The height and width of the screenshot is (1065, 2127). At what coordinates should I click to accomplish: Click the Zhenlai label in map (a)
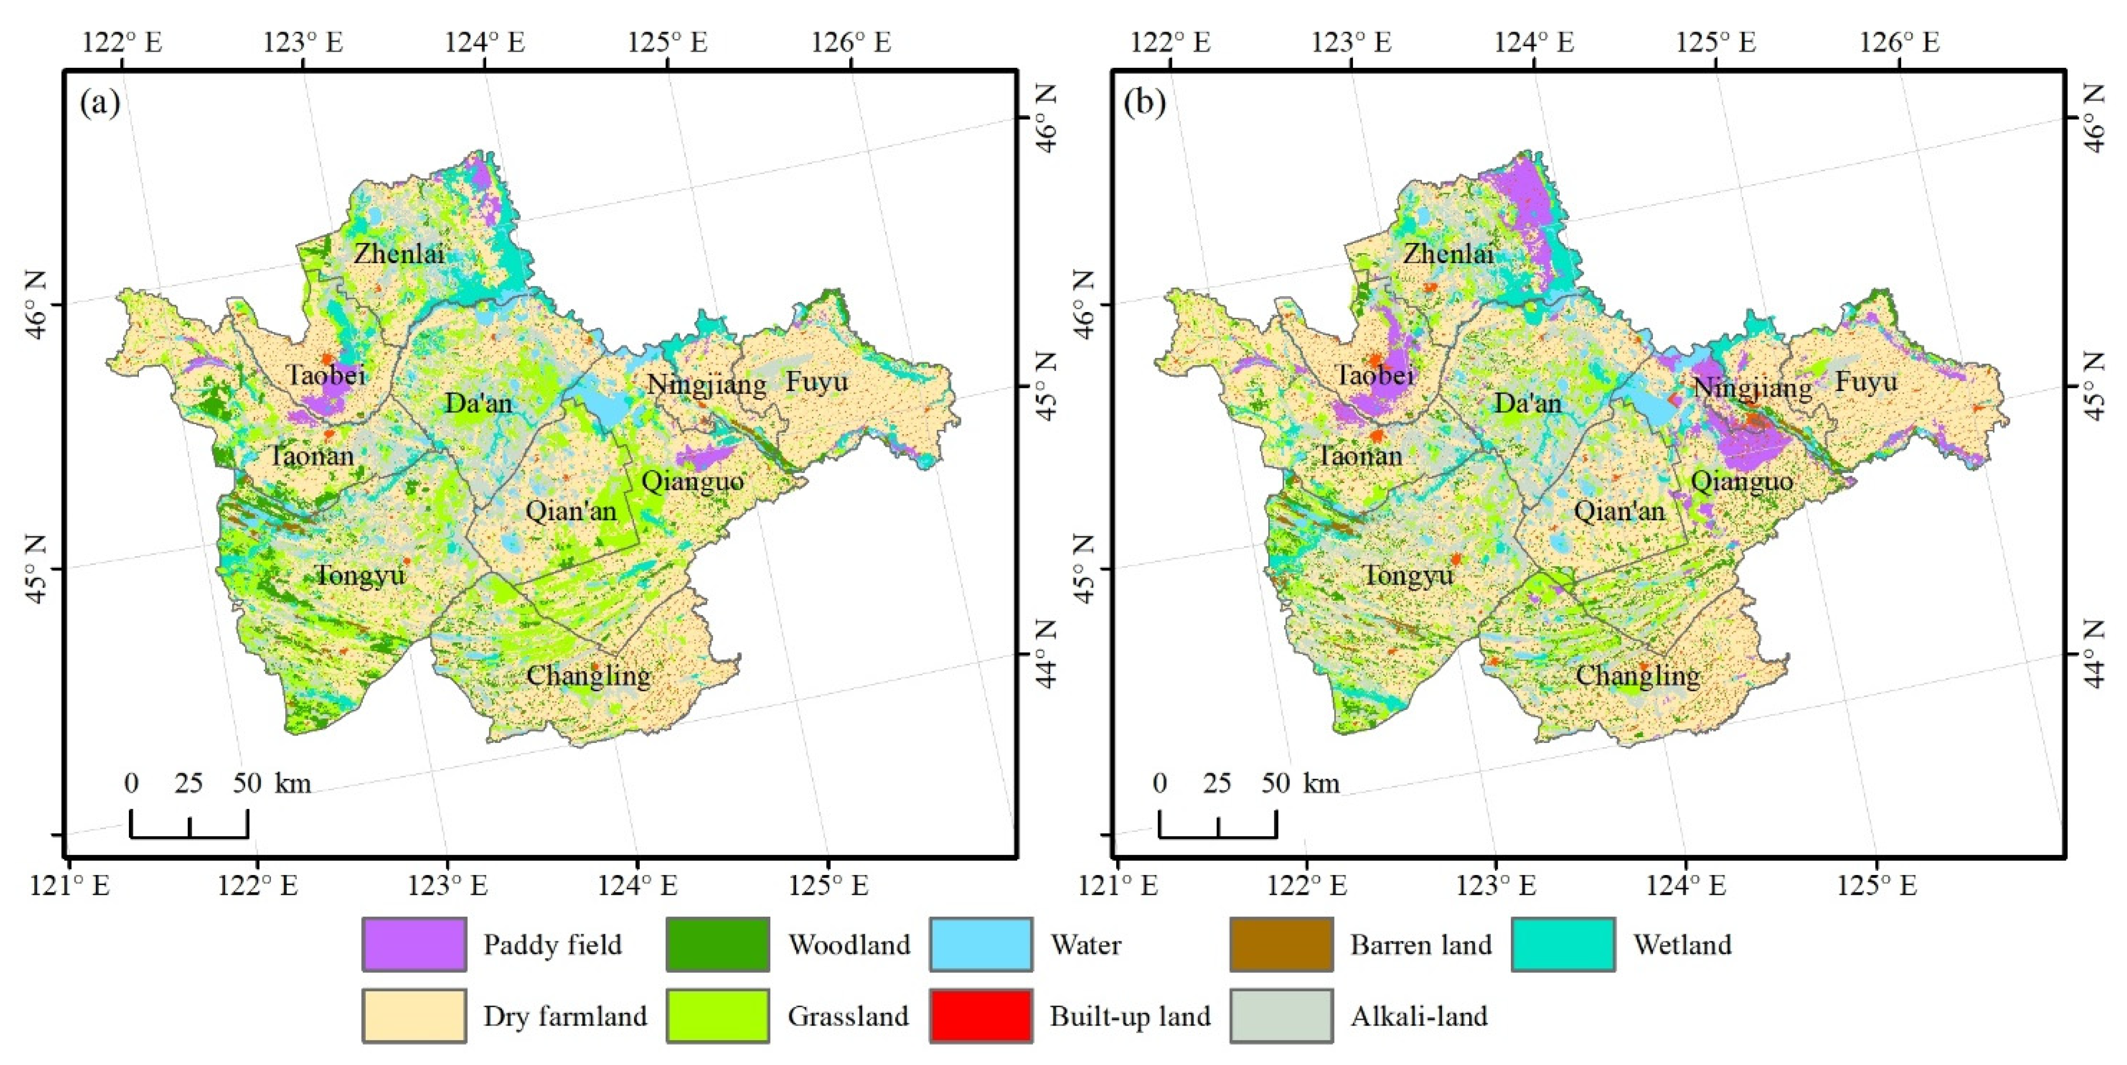399,254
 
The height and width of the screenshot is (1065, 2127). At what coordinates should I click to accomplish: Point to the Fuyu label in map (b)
1865,381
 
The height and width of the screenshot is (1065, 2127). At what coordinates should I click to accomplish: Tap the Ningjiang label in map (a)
706,385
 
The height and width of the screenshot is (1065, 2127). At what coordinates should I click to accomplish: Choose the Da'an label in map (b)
1528,403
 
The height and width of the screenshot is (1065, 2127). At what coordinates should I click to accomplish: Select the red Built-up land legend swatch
980,1016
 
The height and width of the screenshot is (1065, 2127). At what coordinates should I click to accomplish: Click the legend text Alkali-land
1419,1016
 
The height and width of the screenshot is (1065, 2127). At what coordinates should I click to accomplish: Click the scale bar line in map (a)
189,836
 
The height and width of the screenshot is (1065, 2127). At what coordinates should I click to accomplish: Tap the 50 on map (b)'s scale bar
1275,782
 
